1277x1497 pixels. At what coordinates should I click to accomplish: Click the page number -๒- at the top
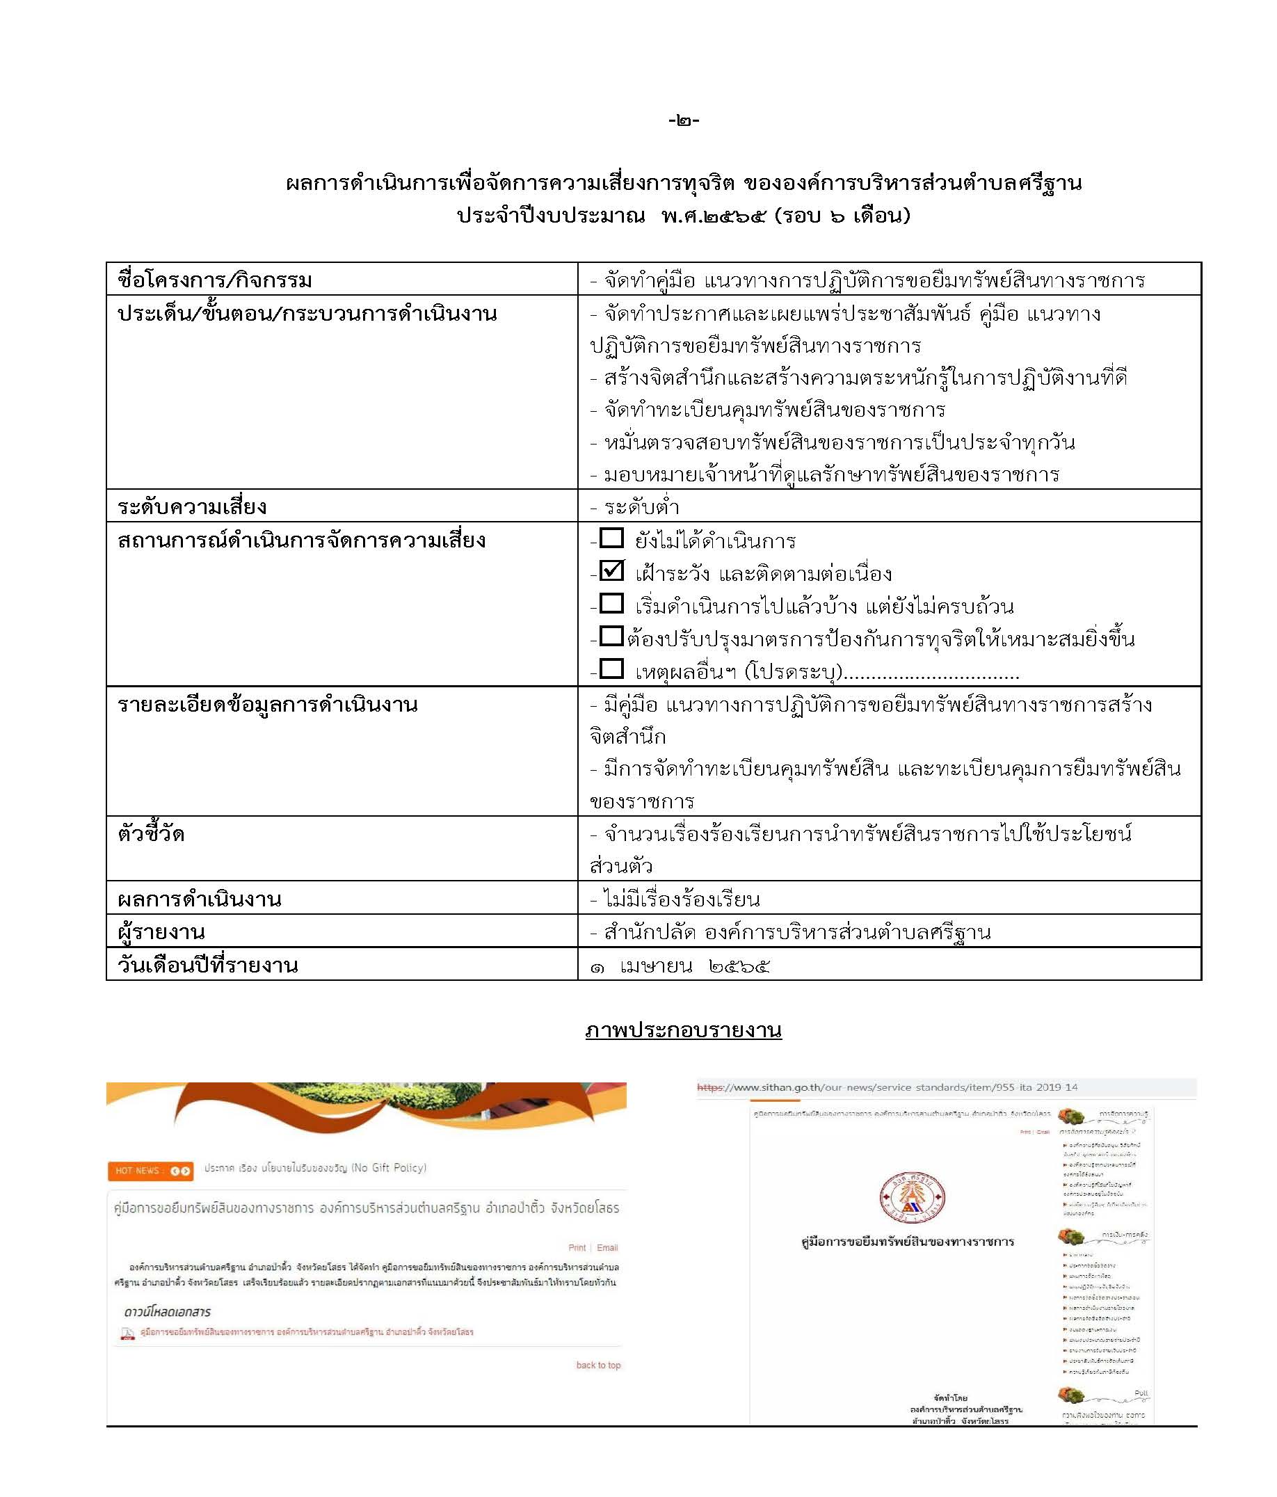(x=683, y=120)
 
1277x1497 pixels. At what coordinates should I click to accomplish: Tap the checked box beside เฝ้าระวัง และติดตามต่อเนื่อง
(x=611, y=571)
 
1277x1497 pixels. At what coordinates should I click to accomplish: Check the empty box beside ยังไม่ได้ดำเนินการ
(x=611, y=538)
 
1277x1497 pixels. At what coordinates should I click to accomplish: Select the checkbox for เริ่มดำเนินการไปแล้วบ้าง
(x=611, y=603)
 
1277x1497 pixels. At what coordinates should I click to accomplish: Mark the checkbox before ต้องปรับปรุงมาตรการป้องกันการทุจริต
(x=611, y=636)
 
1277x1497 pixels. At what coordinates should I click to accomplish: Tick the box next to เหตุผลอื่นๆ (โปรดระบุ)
(x=611, y=669)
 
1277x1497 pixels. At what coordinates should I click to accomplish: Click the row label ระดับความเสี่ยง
(x=192, y=507)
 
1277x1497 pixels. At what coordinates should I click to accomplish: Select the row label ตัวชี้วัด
(x=151, y=835)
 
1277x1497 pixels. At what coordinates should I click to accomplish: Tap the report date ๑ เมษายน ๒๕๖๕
(x=680, y=966)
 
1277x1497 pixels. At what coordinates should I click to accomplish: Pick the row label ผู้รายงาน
(x=161, y=933)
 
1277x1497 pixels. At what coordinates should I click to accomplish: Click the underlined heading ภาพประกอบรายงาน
(x=683, y=1030)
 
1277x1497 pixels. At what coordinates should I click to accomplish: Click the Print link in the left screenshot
(x=577, y=1248)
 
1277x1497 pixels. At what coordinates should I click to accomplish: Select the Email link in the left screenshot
(x=607, y=1248)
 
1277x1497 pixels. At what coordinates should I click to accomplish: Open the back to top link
(x=598, y=1365)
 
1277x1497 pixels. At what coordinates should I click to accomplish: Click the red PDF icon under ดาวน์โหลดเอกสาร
(x=128, y=1333)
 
